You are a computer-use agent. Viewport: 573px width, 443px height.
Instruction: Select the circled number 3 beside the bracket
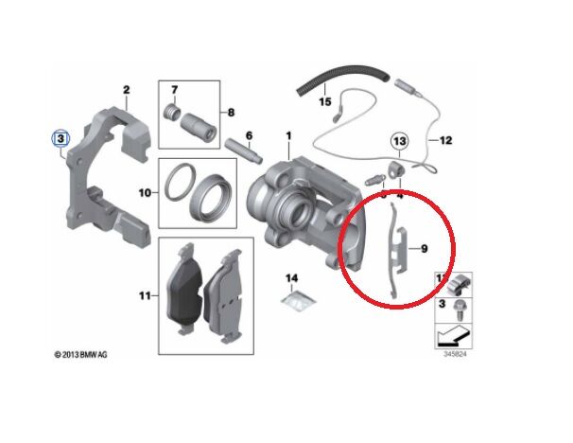[61, 138]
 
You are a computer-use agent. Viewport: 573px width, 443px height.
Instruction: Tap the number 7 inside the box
[173, 90]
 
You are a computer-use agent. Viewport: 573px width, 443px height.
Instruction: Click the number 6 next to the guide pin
[249, 135]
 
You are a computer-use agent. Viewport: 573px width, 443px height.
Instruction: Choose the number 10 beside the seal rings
[146, 192]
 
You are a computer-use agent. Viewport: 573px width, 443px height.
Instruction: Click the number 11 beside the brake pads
[146, 295]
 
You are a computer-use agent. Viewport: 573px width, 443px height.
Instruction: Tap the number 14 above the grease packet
[292, 277]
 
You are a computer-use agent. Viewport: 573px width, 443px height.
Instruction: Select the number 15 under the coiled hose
[324, 99]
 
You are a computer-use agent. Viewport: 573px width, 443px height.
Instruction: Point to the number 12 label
[445, 141]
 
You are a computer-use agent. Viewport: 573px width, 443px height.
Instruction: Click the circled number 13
[399, 142]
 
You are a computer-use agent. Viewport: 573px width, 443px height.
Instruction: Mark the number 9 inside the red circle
[425, 248]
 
